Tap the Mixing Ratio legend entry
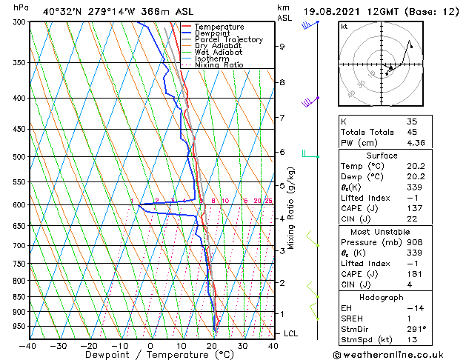pyautogui.click(x=219, y=64)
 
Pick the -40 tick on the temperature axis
pyautogui.click(x=28, y=345)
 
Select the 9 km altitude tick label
pyautogui.click(x=282, y=47)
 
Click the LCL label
pyautogui.click(x=290, y=334)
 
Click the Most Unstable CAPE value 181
pyautogui.click(x=413, y=274)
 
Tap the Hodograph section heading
pyautogui.click(x=382, y=297)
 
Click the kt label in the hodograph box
pyautogui.click(x=344, y=27)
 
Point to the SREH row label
pyautogui.click(x=353, y=319)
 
